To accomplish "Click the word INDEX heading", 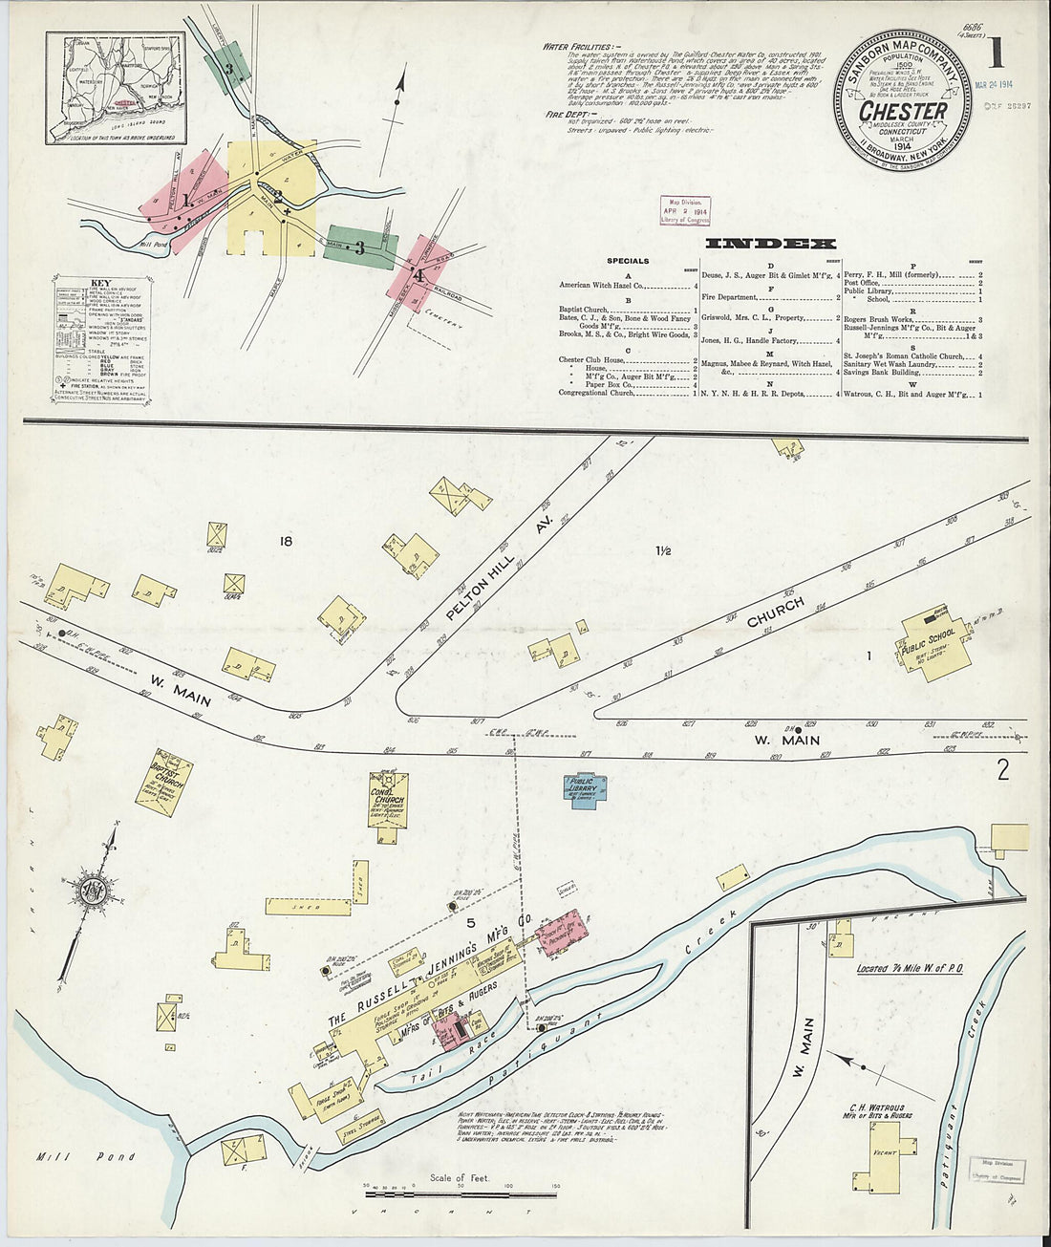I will (x=769, y=244).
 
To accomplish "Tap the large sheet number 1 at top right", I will (x=996, y=54).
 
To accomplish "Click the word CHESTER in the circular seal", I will (x=903, y=112).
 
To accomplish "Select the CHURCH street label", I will (x=776, y=613).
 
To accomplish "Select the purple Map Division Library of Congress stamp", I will (x=685, y=210).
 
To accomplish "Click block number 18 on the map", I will (x=285, y=543).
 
